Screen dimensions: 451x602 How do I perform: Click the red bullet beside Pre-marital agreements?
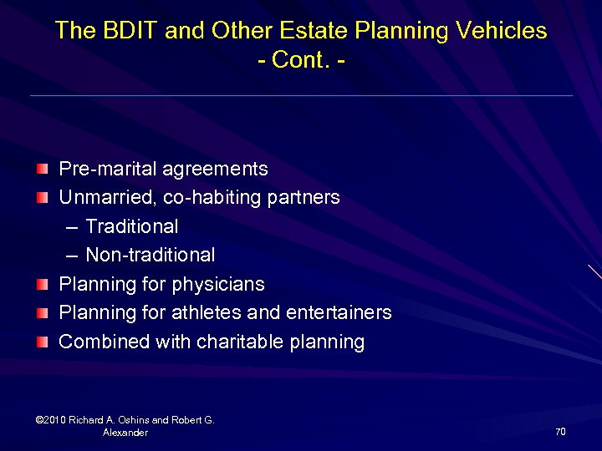pos(43,170)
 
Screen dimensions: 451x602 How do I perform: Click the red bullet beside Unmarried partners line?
pos(43,198)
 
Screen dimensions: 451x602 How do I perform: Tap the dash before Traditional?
pos(70,227)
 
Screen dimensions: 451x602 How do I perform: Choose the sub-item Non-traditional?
pos(150,256)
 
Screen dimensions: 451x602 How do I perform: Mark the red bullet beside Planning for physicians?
pos(43,285)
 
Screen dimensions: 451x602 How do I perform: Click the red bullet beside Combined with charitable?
pos(43,342)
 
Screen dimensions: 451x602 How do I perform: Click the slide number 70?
pos(560,432)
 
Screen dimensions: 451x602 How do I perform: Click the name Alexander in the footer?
pos(125,433)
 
